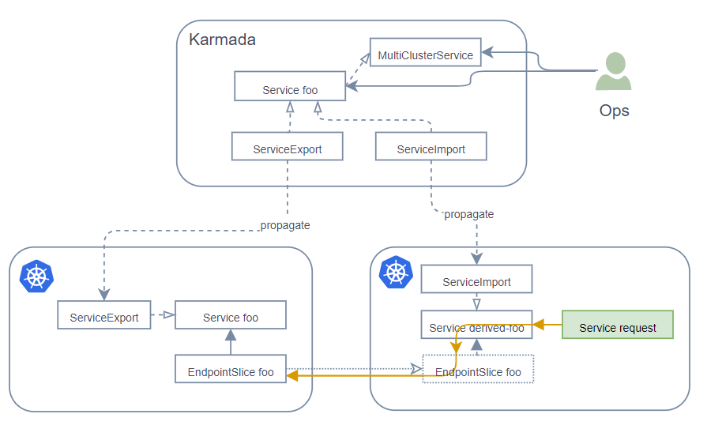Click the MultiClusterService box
pos(425,55)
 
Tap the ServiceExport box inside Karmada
pos(287,148)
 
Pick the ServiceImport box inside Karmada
pos(431,148)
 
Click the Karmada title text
pos(222,40)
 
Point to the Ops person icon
pos(613,72)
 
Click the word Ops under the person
pos(614,111)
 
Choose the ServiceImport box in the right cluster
pos(476,280)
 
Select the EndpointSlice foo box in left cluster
pos(230,371)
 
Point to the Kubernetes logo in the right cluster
pos(396,273)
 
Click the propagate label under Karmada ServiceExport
pos(285,225)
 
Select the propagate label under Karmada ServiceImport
pos(469,214)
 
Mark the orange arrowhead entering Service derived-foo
pos(538,325)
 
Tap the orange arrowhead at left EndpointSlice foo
pos(291,377)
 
